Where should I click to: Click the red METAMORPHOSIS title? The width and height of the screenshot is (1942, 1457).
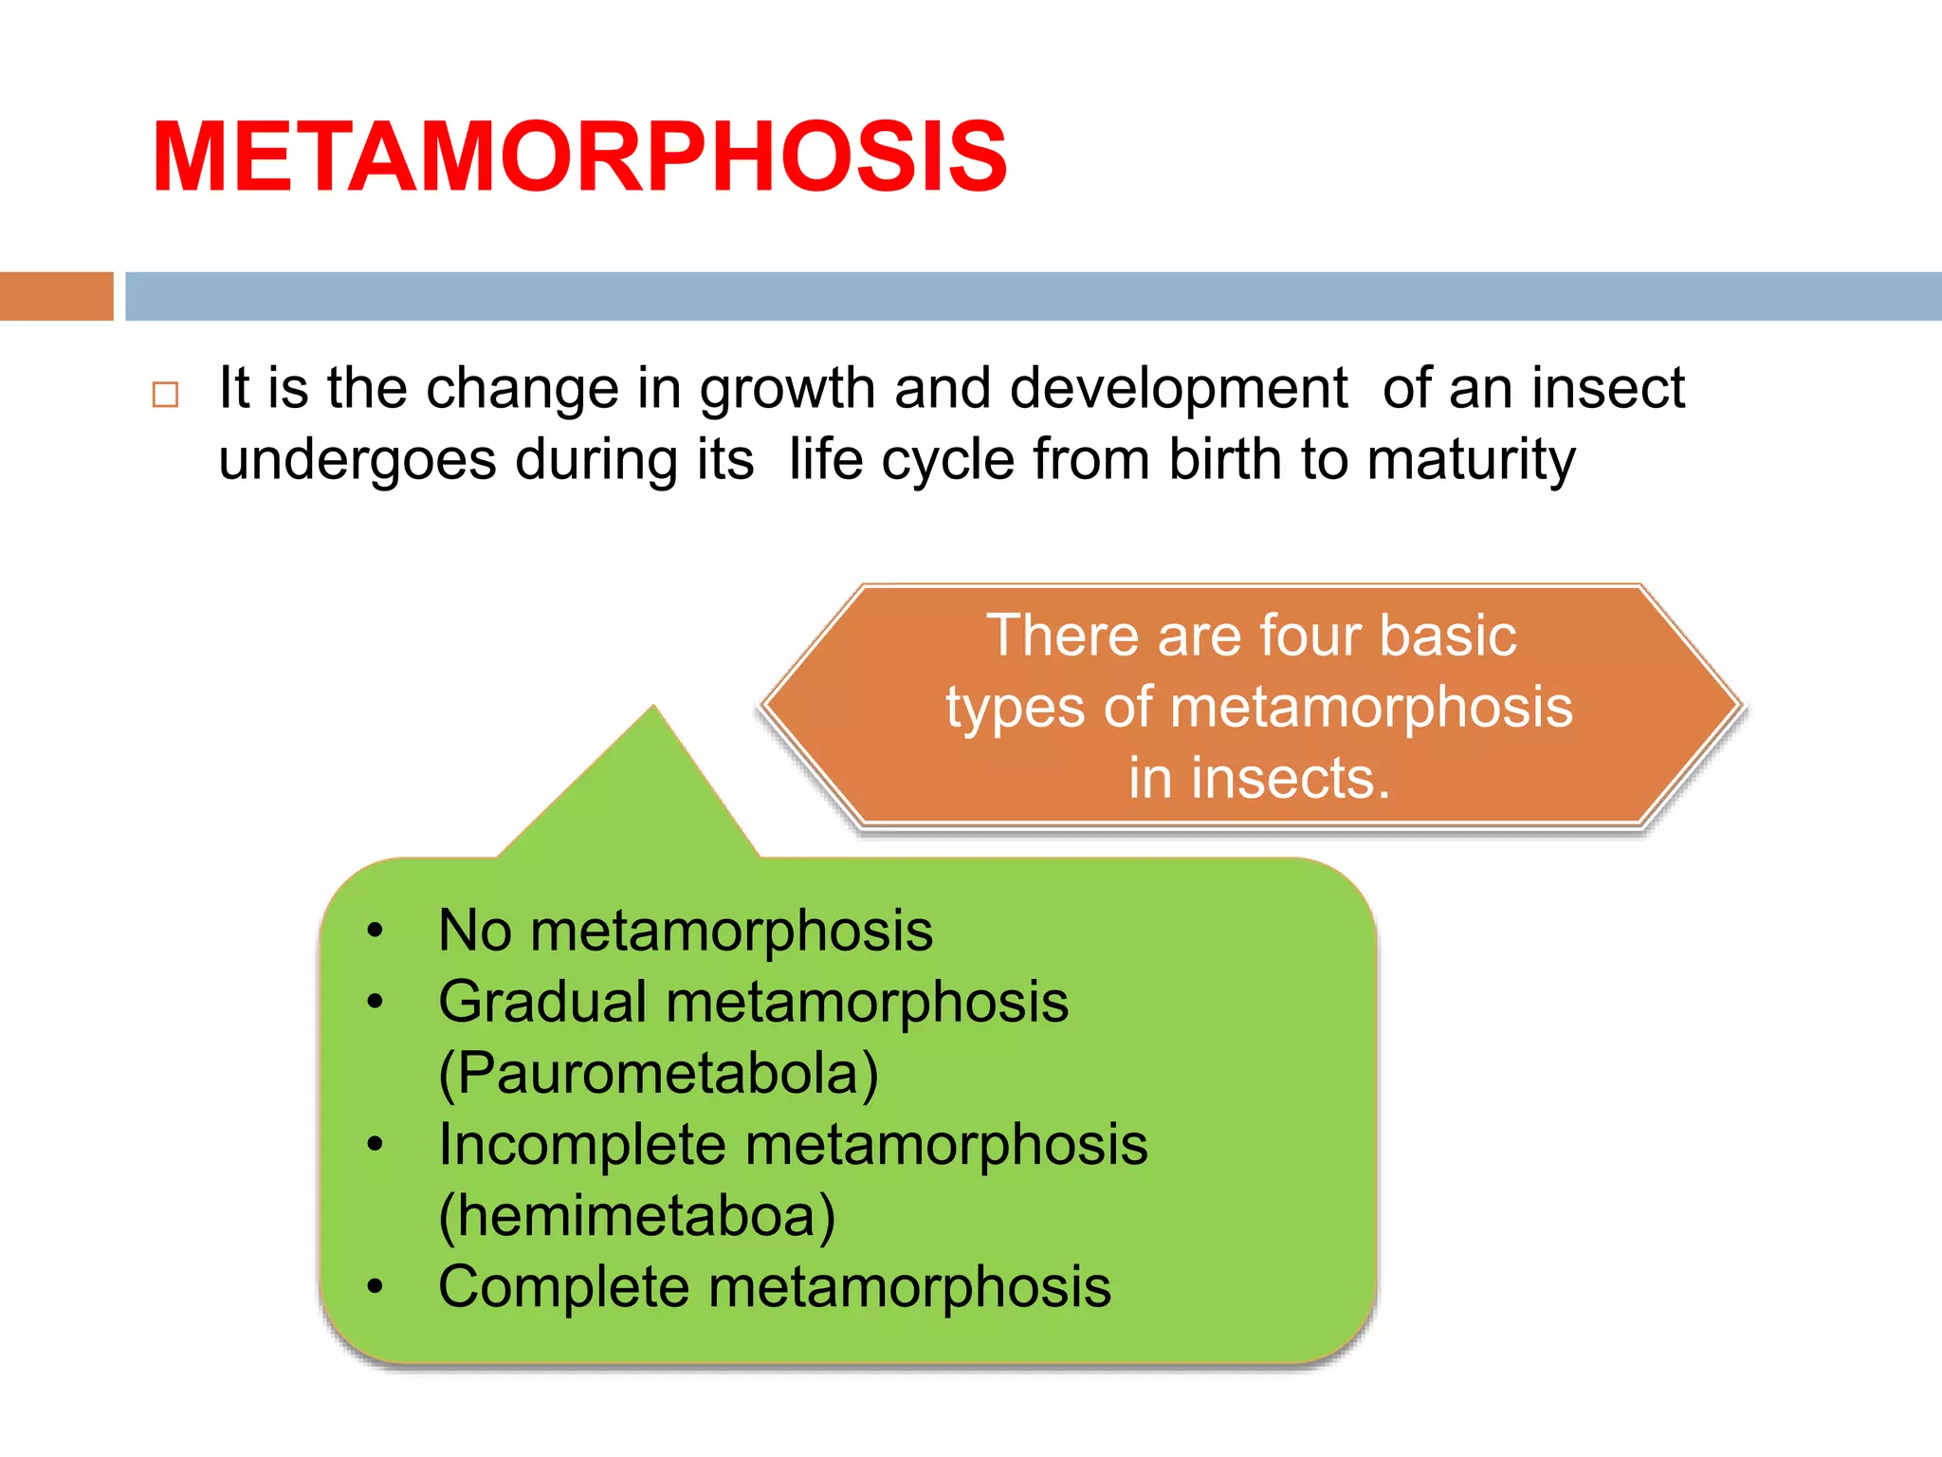(578, 157)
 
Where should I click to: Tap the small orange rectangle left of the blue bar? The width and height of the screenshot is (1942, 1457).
(56, 296)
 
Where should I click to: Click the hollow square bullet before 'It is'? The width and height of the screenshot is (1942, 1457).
(165, 394)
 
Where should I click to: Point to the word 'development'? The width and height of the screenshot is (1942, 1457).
(1178, 389)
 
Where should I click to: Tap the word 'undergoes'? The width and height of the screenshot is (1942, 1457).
(357, 461)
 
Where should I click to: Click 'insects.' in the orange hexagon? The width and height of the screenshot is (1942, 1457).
(1259, 778)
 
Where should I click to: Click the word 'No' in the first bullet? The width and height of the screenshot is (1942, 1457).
(475, 930)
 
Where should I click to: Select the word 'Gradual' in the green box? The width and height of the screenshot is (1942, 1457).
(542, 1002)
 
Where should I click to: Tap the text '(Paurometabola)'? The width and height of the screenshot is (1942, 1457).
(658, 1074)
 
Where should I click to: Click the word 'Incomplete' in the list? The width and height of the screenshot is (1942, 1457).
(581, 1144)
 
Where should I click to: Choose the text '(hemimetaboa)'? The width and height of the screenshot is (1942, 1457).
(636, 1216)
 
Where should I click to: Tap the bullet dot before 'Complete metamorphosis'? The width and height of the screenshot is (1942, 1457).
(376, 1287)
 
